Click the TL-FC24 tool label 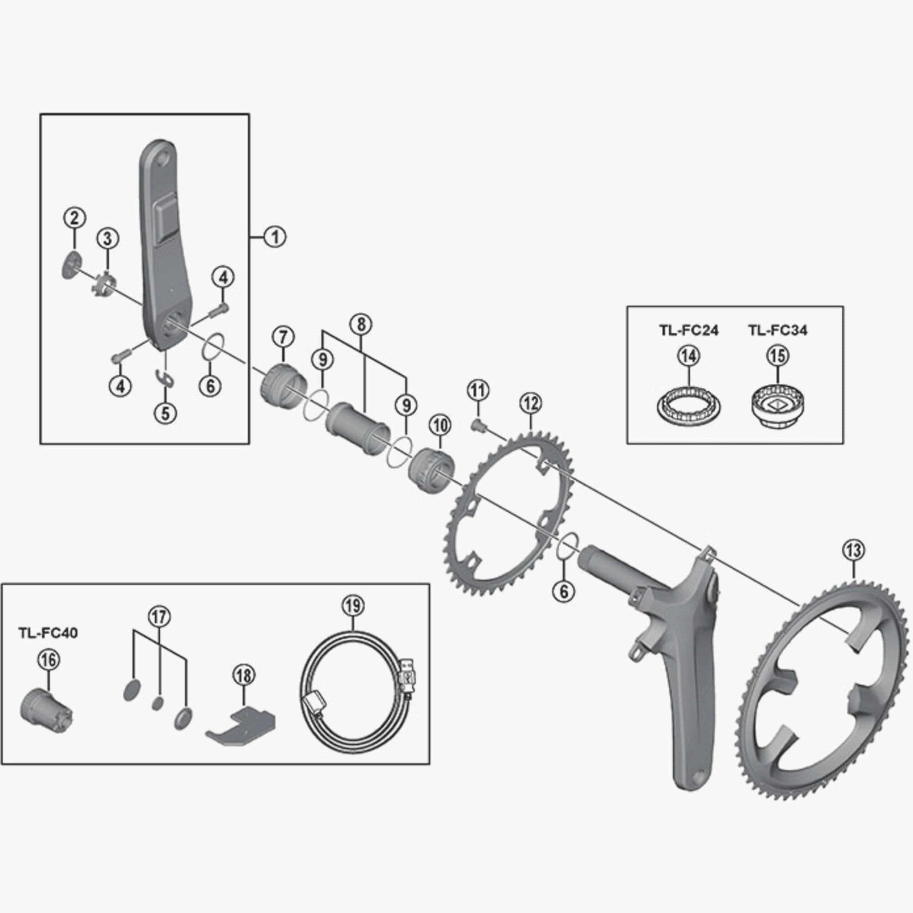688,331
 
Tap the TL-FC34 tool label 777,331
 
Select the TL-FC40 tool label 48,633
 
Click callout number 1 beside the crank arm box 275,236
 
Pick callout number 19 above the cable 354,606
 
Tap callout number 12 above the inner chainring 530,404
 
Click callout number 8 361,324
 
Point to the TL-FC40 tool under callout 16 45,717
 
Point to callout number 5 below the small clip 165,413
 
